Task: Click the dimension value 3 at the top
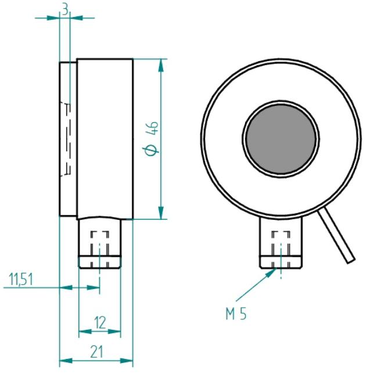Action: pyautogui.click(x=65, y=10)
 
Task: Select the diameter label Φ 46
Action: pyautogui.click(x=152, y=138)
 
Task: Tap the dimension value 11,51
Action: pyautogui.click(x=21, y=279)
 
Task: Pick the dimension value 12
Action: pyautogui.click(x=100, y=323)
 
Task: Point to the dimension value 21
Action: pyautogui.click(x=97, y=352)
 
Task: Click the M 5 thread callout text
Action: pyautogui.click(x=236, y=314)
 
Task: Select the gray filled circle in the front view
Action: pyautogui.click(x=281, y=139)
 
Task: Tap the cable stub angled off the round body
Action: pyautogui.click(x=336, y=235)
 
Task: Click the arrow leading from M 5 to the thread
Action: pyautogui.click(x=256, y=284)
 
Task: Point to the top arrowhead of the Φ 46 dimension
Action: pyautogui.click(x=161, y=65)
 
